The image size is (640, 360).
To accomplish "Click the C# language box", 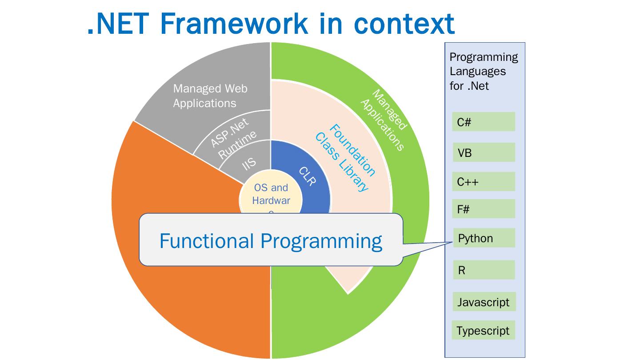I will [x=484, y=122].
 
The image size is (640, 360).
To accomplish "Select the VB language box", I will [x=484, y=152].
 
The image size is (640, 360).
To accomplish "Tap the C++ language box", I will [x=484, y=182].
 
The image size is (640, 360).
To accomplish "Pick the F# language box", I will [x=484, y=209].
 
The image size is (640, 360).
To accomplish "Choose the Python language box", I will [x=484, y=238].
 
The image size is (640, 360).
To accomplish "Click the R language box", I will [x=484, y=270].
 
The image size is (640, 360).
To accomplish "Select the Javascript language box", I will [x=484, y=302].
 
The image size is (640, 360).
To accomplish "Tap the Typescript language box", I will [x=484, y=331].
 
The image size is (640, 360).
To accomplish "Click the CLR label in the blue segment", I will [x=307, y=176].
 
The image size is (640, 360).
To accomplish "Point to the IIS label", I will [x=249, y=164].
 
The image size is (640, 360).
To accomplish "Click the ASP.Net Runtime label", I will [x=233, y=137].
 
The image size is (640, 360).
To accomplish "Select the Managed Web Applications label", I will [x=210, y=96].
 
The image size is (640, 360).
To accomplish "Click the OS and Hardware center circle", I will [x=271, y=196].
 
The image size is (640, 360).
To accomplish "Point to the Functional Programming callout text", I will [x=271, y=241].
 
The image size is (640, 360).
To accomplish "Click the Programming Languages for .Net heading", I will [x=484, y=71].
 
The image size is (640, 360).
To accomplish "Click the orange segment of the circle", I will [x=178, y=276].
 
